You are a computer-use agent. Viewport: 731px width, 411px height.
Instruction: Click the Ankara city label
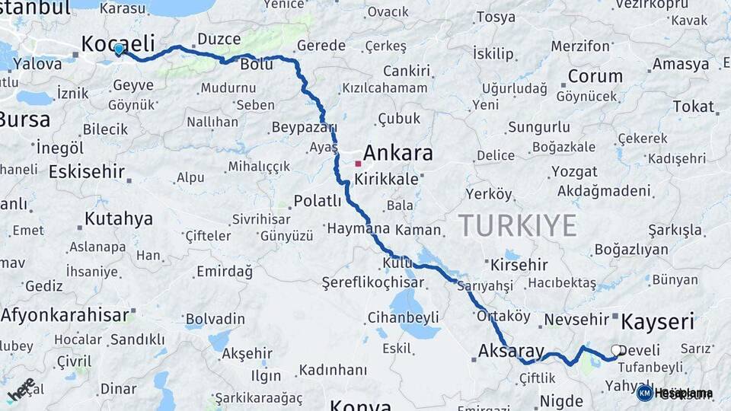tap(397, 153)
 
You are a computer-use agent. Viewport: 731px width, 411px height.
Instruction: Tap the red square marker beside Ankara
tap(358, 163)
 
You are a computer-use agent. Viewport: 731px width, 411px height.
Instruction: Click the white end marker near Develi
tap(617, 351)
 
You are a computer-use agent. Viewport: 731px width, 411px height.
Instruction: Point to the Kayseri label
tap(658, 321)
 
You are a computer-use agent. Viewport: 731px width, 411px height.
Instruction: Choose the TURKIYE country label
tap(517, 225)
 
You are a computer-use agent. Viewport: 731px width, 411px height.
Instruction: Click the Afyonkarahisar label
tap(65, 314)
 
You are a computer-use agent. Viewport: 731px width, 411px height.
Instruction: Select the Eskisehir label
tap(86, 171)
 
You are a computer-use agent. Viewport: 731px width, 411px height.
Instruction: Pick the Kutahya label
tap(118, 219)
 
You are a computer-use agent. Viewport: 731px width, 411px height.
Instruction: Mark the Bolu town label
tap(256, 65)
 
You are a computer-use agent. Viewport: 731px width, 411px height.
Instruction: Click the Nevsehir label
tap(578, 320)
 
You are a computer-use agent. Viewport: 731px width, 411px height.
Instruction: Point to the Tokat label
tap(693, 107)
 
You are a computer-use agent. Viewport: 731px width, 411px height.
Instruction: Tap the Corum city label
tap(595, 76)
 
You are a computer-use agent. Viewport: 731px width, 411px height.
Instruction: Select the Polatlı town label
tap(318, 201)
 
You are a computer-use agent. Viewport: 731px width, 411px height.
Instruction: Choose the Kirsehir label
tap(519, 265)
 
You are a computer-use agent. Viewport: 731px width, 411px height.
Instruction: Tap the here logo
tap(21, 389)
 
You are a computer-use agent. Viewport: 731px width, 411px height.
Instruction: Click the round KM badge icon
tap(644, 393)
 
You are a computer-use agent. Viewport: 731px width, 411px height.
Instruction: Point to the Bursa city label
tap(24, 119)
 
